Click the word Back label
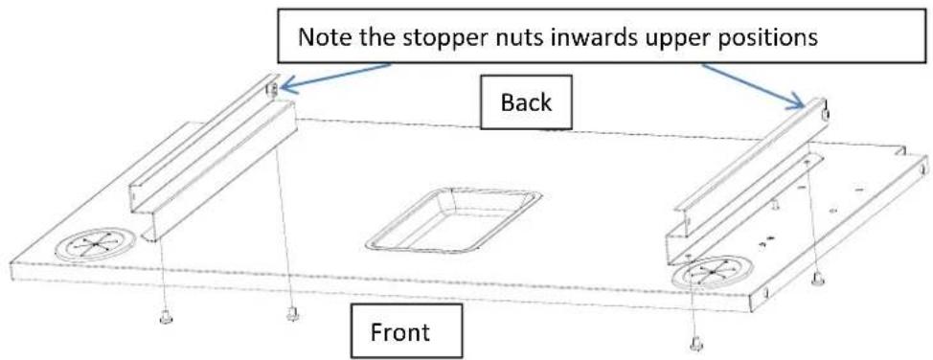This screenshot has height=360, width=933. [526, 102]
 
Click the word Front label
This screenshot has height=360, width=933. [399, 331]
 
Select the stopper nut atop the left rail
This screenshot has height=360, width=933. [272, 90]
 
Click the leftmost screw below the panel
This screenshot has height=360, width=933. [166, 318]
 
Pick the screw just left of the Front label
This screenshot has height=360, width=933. [292, 312]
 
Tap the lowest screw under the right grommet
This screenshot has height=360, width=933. [696, 344]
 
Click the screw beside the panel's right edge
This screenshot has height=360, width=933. [817, 278]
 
